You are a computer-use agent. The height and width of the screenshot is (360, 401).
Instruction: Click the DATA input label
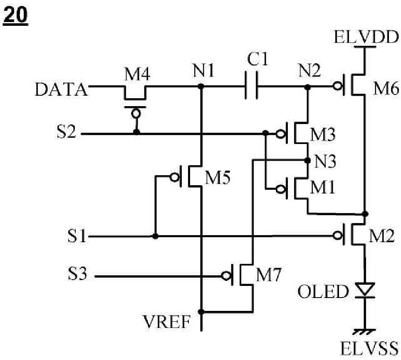[x=61, y=89]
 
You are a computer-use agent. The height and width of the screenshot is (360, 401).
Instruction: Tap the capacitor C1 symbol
[x=251, y=85]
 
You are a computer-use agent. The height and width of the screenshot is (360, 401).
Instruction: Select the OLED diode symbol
[x=365, y=290]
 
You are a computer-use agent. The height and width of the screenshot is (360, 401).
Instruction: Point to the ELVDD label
[x=366, y=37]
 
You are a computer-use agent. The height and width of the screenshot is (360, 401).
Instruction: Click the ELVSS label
[x=369, y=348]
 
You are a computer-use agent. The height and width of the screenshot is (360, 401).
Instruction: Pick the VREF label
[x=167, y=322]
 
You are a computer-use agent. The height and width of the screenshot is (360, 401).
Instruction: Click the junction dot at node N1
[x=201, y=87]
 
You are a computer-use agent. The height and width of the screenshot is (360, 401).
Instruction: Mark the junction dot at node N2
[x=308, y=87]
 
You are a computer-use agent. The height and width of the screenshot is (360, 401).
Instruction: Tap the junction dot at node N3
[x=308, y=160]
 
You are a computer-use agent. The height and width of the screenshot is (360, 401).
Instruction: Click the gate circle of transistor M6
[x=338, y=87]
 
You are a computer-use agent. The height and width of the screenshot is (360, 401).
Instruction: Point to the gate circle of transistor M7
[x=226, y=276]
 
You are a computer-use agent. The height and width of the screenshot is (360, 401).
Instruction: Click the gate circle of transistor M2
[x=338, y=236]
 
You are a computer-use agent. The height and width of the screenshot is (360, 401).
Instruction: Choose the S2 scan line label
[x=66, y=132]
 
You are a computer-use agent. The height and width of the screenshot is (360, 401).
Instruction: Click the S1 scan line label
[x=77, y=236]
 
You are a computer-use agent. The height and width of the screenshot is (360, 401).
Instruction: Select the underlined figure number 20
[x=15, y=15]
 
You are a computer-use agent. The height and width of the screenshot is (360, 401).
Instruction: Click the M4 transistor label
[x=137, y=74]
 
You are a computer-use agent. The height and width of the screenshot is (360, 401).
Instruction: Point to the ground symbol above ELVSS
[x=364, y=331]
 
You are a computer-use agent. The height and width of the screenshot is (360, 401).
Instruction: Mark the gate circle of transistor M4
[x=136, y=113]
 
